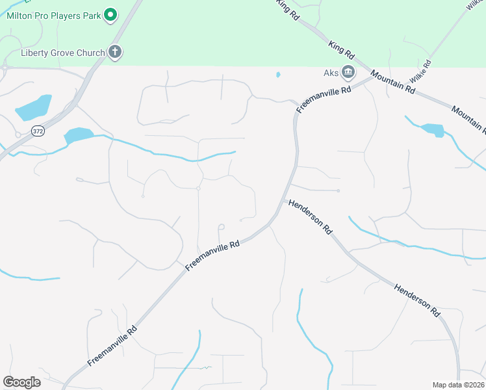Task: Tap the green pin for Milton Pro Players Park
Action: click(x=110, y=14)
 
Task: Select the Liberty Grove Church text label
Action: click(x=62, y=53)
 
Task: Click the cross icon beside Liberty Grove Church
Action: click(x=115, y=52)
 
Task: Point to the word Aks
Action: click(x=331, y=71)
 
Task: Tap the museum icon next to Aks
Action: click(x=349, y=71)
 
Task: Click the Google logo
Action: click(x=21, y=382)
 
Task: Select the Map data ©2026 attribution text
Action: click(x=458, y=385)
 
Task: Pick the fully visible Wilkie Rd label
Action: click(x=420, y=75)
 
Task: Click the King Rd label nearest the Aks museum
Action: click(x=341, y=47)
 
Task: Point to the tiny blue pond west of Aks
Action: click(x=278, y=75)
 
